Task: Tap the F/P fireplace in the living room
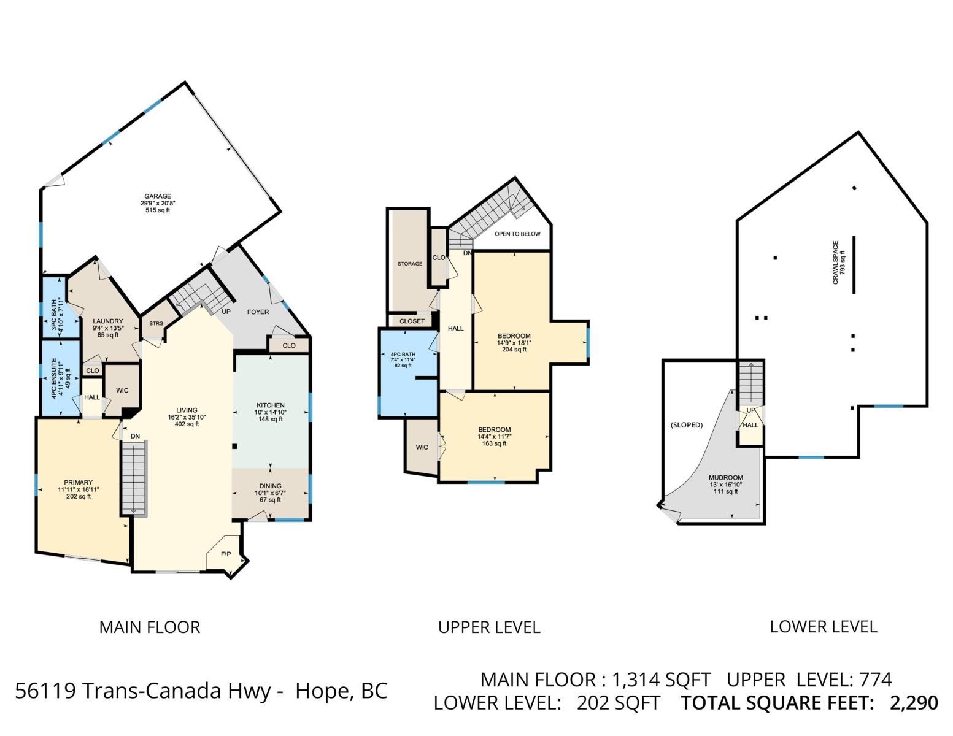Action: [226, 554]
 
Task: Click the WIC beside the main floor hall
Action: [122, 391]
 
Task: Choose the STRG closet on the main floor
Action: [156, 323]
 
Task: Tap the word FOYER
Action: [258, 312]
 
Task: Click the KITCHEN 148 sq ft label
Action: [271, 412]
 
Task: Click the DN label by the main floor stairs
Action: [135, 436]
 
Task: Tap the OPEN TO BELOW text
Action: [517, 234]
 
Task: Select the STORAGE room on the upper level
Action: [410, 264]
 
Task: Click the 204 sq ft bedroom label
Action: [514, 343]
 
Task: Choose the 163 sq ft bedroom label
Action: [494, 437]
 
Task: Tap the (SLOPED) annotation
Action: [687, 425]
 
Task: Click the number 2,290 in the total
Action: [914, 703]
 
